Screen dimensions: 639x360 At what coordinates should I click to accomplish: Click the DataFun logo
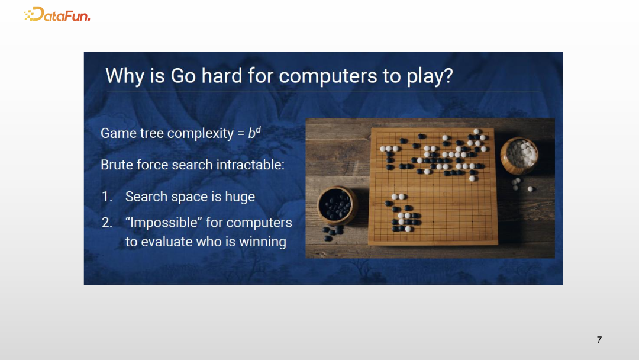(x=57, y=14)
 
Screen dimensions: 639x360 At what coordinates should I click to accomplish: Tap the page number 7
(x=599, y=340)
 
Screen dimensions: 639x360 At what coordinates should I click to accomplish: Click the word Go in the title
(x=183, y=76)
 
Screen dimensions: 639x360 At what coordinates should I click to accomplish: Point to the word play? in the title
(x=430, y=76)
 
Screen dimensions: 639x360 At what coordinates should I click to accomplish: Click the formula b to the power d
(x=254, y=133)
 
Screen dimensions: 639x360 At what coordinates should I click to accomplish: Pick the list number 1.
(x=106, y=197)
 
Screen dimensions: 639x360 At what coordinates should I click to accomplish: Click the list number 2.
(x=106, y=223)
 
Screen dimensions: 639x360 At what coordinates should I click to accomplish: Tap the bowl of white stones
(x=519, y=155)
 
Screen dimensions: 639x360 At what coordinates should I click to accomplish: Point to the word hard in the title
(x=222, y=76)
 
